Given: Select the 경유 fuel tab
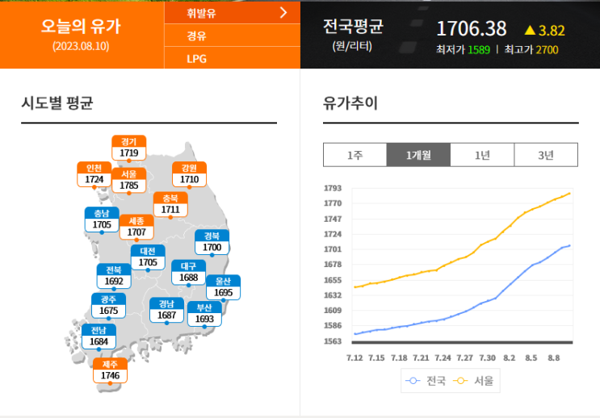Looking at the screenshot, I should click(x=196, y=36).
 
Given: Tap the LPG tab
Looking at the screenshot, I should click(x=197, y=59).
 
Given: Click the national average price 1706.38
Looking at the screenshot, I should click(x=472, y=29).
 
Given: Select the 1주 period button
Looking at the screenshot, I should click(x=355, y=155).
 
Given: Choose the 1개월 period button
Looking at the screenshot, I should click(x=418, y=155).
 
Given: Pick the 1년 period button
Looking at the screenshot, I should click(x=482, y=155).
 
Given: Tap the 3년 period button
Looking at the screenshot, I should click(x=546, y=155).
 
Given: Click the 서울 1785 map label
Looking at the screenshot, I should click(x=128, y=180).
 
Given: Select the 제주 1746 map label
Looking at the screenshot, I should click(x=110, y=370).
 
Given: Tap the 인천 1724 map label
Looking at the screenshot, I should click(x=94, y=173).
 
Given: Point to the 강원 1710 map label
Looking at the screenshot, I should click(x=189, y=173).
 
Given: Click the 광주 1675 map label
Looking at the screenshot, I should click(x=108, y=305).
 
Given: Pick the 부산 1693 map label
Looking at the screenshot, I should click(x=203, y=313).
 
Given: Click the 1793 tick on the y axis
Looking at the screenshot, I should click(x=333, y=188).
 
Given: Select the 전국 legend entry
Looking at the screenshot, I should click(x=427, y=381).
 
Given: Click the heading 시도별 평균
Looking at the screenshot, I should click(x=57, y=102).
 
